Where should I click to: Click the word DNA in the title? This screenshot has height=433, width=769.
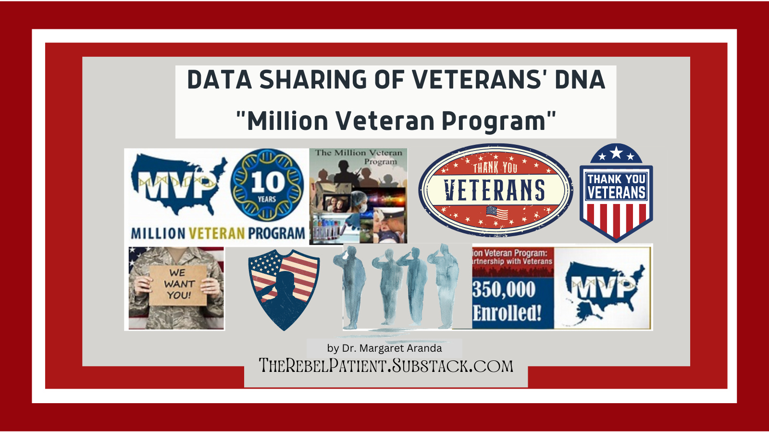click(x=580, y=80)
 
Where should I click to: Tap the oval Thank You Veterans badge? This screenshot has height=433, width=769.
click(x=495, y=190)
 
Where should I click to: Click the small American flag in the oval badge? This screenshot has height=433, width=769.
click(x=497, y=213)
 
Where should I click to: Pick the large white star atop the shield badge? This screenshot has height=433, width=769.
click(x=616, y=153)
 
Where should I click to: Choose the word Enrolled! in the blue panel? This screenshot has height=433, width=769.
click(x=507, y=313)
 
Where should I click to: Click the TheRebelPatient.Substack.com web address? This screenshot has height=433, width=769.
click(x=386, y=366)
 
